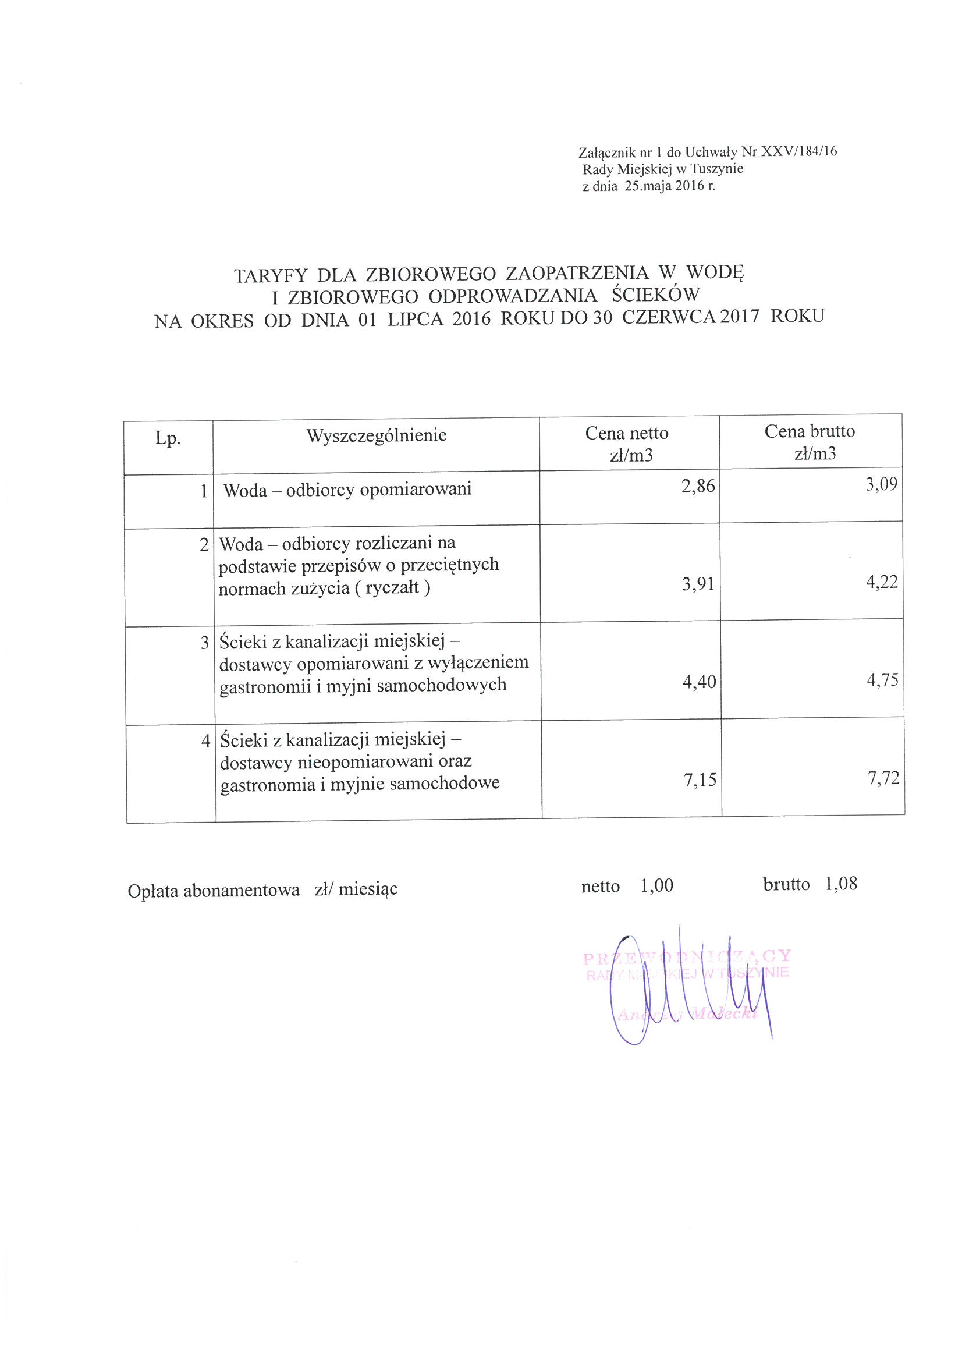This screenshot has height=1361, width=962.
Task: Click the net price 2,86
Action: pos(698,487)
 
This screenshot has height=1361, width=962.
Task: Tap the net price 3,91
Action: pos(698,585)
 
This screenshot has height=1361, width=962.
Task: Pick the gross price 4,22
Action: pos(882,582)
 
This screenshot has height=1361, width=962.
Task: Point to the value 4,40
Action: pos(700,682)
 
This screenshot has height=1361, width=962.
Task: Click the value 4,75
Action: pos(883,679)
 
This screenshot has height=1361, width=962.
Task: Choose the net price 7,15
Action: pos(700,780)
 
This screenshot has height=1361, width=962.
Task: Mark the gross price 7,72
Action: pos(883,778)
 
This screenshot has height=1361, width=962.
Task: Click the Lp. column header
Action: pos(168,439)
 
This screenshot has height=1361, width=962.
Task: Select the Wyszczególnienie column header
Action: pos(377,435)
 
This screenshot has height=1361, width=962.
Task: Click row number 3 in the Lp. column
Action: pos(205,643)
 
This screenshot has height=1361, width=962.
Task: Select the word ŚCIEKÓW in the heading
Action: pos(655,295)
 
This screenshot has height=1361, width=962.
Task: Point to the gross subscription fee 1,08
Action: pos(840,884)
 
